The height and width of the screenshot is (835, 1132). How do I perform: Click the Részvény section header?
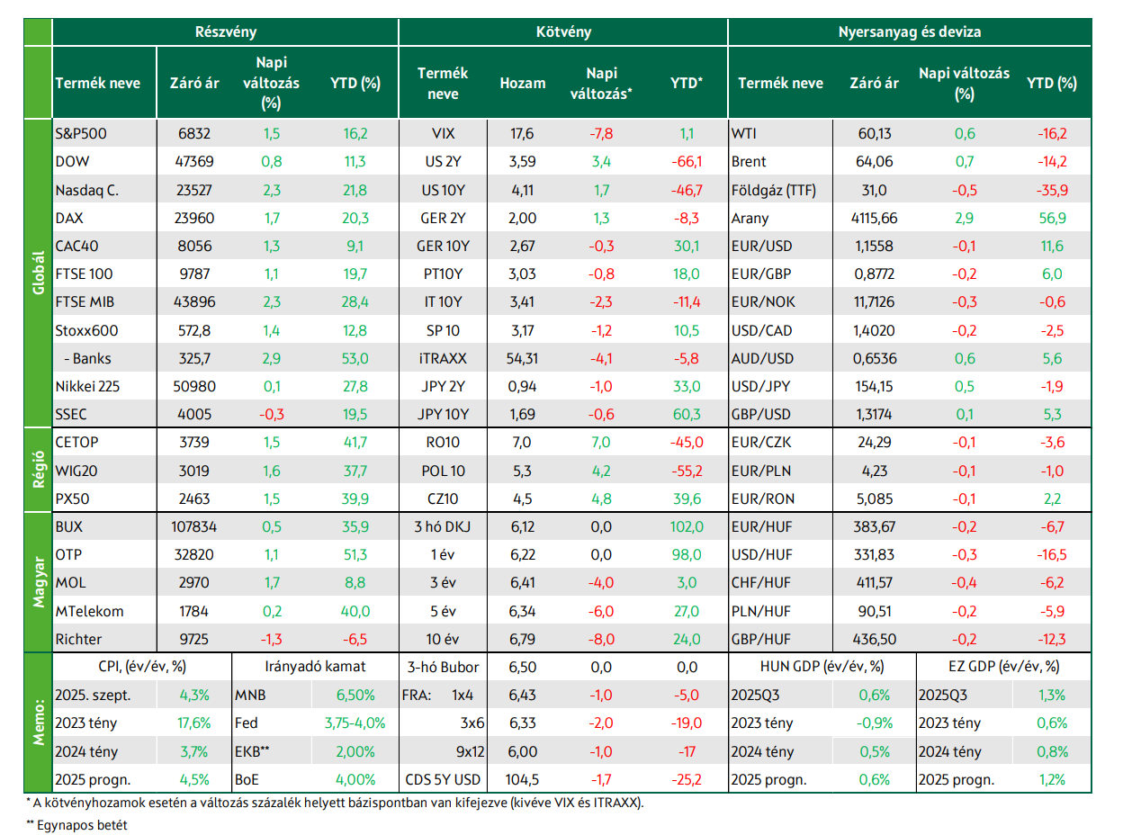[x=226, y=31]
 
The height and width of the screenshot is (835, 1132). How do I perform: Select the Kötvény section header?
[x=563, y=31]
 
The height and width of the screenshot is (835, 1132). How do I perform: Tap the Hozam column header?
[x=523, y=83]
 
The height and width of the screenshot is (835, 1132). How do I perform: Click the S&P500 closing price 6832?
[x=194, y=133]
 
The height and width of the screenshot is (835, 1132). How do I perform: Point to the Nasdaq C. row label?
[x=87, y=190]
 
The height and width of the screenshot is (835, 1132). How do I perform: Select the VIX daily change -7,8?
[x=601, y=133]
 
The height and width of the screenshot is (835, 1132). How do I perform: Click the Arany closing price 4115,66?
[x=875, y=218]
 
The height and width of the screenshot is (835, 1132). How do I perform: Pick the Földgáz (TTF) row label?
[x=773, y=190]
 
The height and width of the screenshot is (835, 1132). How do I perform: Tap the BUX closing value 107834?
[x=194, y=526]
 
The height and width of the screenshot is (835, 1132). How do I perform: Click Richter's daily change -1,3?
[x=272, y=640]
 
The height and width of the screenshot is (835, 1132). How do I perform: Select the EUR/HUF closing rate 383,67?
[x=875, y=526]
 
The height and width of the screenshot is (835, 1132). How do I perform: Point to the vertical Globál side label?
[x=39, y=273]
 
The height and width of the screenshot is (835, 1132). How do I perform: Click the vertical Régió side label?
[x=39, y=470]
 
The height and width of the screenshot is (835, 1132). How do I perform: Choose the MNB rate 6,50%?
[x=355, y=695]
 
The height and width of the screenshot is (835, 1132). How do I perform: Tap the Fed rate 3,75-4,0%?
[x=355, y=723]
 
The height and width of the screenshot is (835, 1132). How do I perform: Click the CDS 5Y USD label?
[x=443, y=780]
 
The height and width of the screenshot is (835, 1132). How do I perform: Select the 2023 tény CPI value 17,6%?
[x=194, y=723]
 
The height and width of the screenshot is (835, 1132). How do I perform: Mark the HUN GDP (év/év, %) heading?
[x=822, y=667]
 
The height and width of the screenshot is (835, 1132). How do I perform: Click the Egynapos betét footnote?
[x=76, y=825]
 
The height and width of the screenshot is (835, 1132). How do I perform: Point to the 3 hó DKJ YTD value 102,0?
[x=687, y=526]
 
